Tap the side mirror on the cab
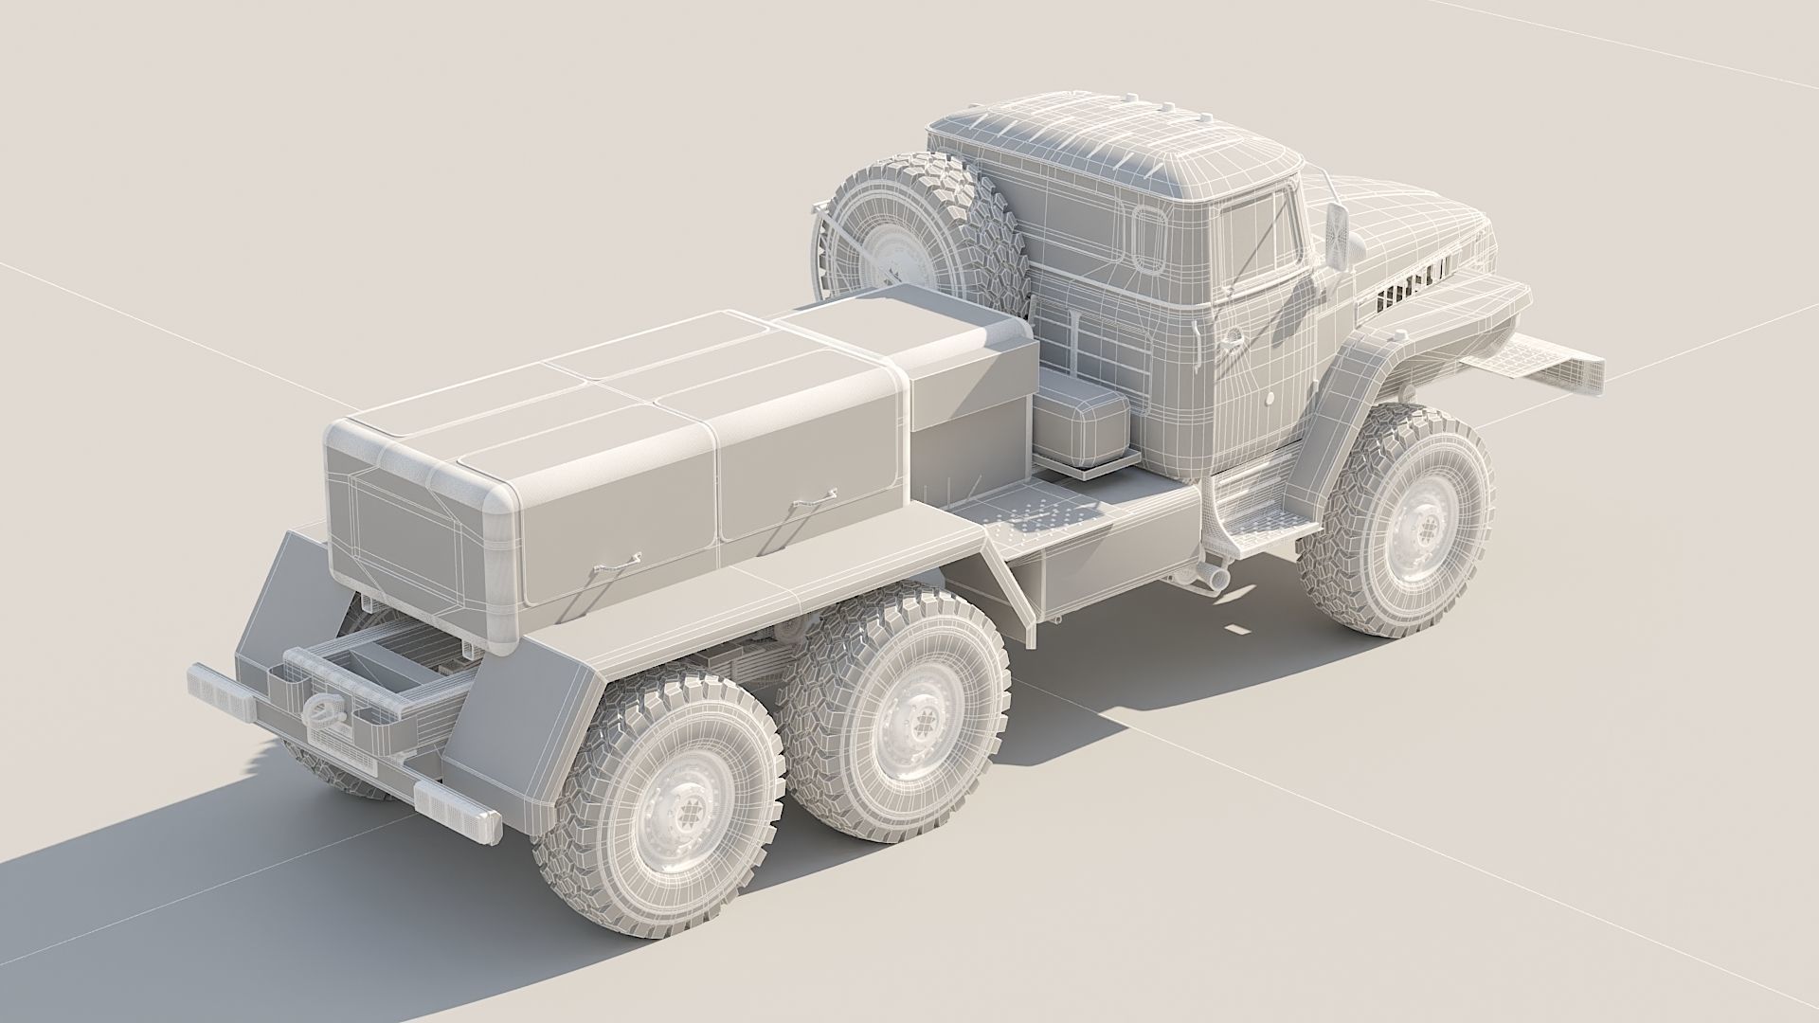pos(1337,236)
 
